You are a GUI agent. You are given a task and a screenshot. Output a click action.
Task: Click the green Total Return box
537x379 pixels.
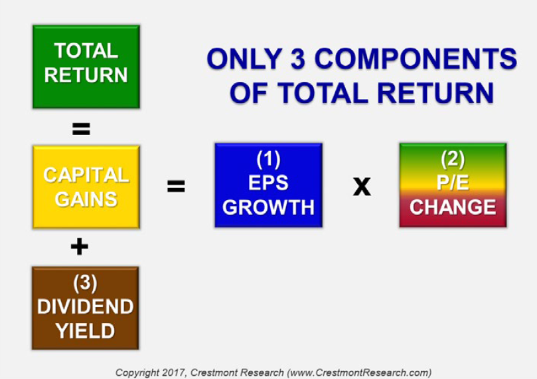86,66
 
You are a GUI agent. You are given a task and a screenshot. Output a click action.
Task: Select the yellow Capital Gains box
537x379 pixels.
86,187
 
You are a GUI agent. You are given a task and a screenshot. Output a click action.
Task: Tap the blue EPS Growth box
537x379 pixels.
268,186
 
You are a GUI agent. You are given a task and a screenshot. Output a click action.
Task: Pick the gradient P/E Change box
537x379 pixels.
453,186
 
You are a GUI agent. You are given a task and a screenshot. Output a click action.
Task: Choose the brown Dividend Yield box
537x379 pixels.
85,308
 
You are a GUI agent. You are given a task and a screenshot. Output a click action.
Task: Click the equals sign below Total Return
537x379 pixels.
81,129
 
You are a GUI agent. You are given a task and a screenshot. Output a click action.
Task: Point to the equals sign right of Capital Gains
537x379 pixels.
176,186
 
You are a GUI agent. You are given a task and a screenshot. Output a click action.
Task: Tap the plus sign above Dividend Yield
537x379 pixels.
80,247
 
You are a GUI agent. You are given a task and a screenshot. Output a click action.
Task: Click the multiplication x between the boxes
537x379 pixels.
362,186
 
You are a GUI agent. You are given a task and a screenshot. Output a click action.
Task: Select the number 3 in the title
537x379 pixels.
297,59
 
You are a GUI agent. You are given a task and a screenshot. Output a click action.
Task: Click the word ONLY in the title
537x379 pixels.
245,59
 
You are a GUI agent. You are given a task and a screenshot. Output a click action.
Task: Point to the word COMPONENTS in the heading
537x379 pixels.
416,59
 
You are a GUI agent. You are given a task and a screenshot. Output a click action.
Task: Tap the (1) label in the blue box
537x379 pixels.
268,159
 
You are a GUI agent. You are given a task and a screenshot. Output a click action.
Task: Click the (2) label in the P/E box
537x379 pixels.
453,159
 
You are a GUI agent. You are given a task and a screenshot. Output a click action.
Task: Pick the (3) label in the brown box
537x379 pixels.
85,283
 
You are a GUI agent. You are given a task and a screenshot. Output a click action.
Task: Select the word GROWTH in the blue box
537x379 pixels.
268,207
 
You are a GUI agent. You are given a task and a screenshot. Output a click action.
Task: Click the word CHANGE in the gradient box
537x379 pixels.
453,207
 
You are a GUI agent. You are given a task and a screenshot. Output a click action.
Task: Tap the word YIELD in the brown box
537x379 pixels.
85,331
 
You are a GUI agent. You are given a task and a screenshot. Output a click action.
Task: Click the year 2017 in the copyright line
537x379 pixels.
173,372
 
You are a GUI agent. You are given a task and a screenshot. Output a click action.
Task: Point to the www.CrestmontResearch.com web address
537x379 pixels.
359,372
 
